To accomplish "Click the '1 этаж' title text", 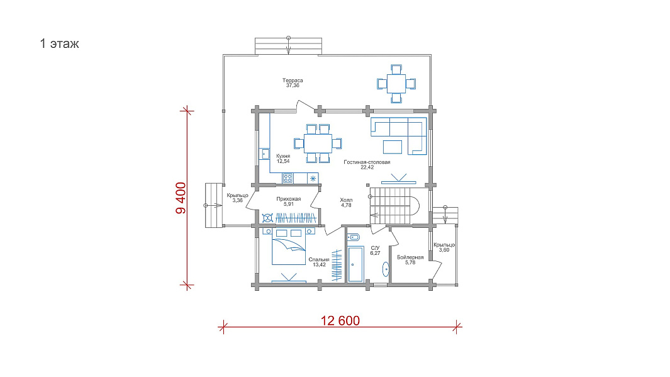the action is (x=59, y=43).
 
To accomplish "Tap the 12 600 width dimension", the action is (x=340, y=320).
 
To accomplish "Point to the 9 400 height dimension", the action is (x=181, y=198).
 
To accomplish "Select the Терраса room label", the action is (x=293, y=81).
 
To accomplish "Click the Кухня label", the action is (x=283, y=156).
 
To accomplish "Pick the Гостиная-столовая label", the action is (x=367, y=162).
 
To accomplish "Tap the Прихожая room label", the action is (x=288, y=199).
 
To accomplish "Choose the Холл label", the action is (x=346, y=200).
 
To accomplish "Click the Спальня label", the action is (x=319, y=259).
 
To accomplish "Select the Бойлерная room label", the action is (x=410, y=257).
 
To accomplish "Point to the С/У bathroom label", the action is (x=375, y=248).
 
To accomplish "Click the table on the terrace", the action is (x=396, y=84).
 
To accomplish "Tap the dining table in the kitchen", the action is (x=318, y=143).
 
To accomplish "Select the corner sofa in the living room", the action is (x=399, y=135).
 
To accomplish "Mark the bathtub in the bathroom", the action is (x=355, y=264).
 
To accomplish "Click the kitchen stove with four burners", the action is (x=288, y=178).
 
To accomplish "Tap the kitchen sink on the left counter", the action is (x=265, y=154).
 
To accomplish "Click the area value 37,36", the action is (x=293, y=86).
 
